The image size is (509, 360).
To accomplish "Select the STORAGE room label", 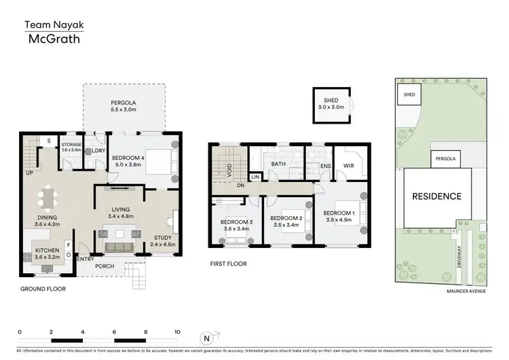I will [x=72, y=147].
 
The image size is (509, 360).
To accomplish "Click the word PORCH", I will [x=105, y=266].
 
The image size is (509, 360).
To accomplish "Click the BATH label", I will [x=278, y=164].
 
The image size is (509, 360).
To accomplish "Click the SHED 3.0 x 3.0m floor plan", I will [x=332, y=105].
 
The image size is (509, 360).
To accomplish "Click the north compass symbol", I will [x=207, y=338].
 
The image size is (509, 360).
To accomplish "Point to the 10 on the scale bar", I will [x=176, y=331].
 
